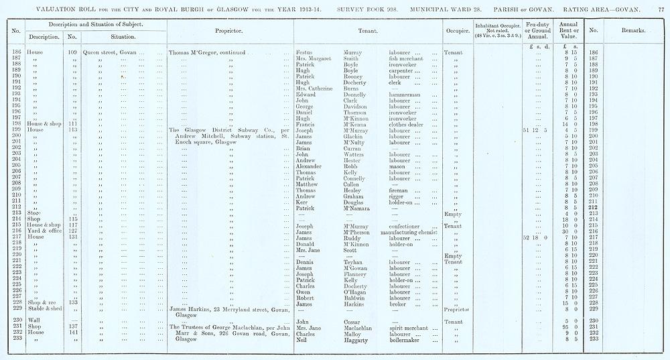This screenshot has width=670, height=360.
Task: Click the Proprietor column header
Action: tap(228, 31)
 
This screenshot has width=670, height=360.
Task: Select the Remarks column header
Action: tap(632, 31)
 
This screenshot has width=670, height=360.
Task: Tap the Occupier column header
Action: tap(457, 31)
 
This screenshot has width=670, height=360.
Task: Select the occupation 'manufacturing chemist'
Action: tap(411, 231)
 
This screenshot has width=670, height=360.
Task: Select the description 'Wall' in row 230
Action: tap(33, 320)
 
